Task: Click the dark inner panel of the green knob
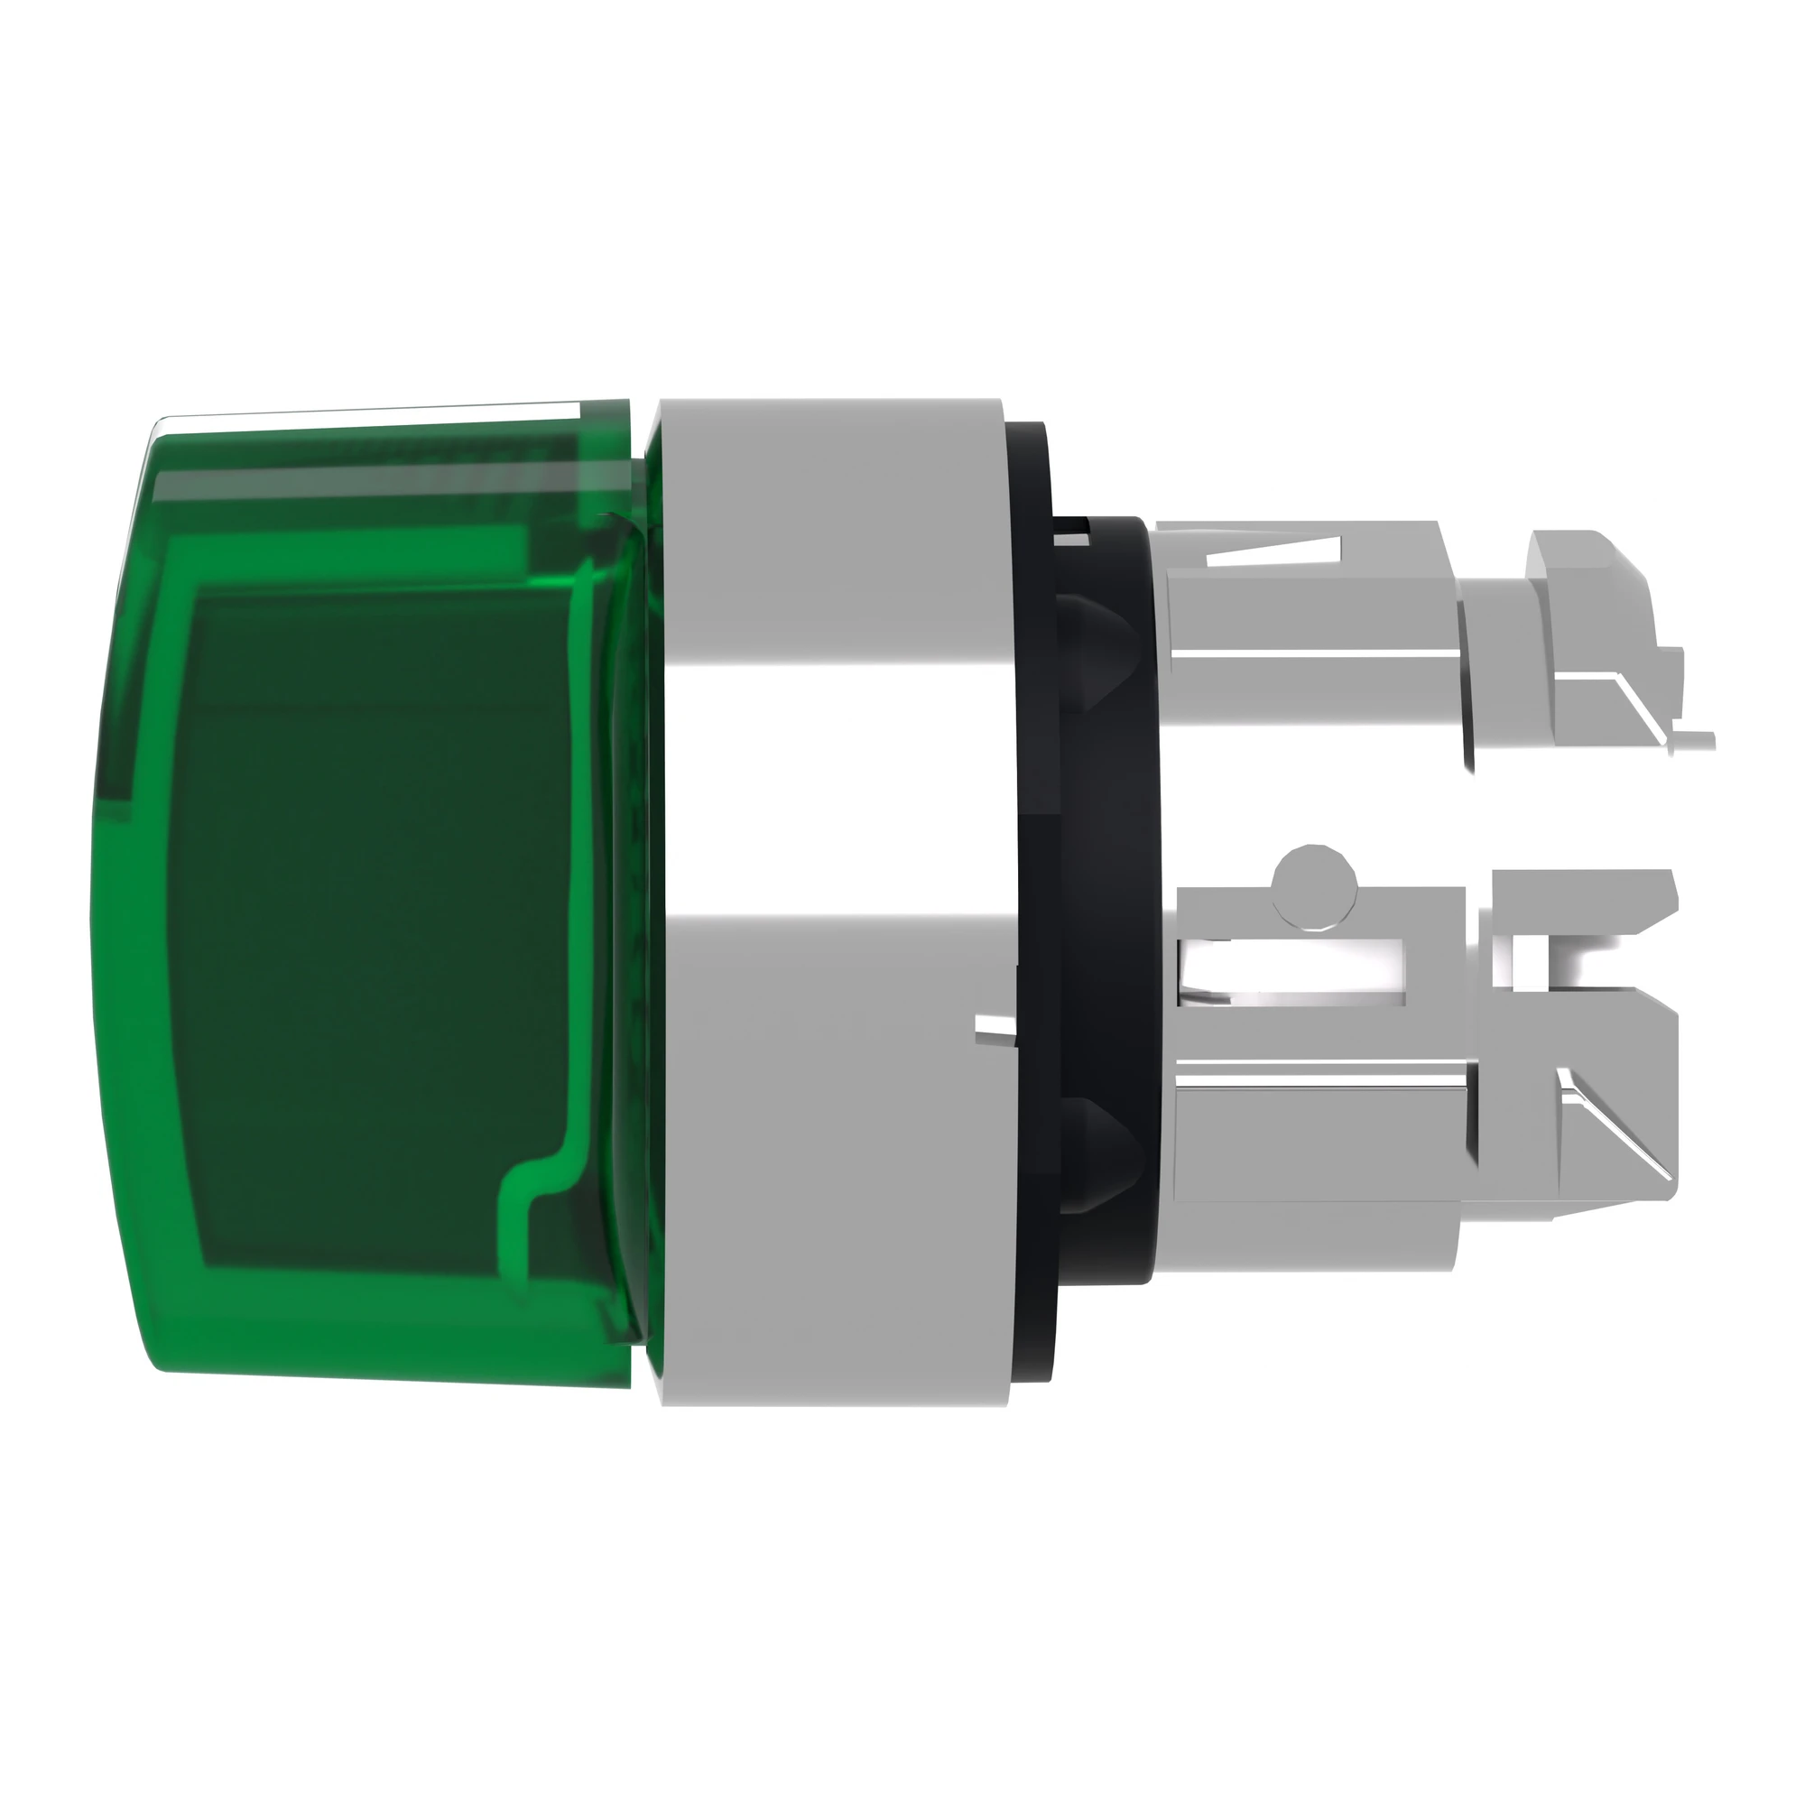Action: [374, 897]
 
